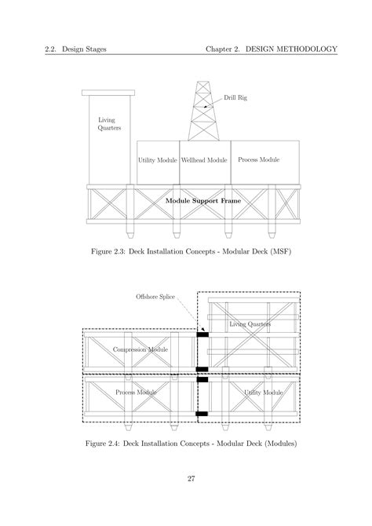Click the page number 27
pyautogui.click(x=191, y=479)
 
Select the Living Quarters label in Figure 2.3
pyautogui.click(x=109, y=124)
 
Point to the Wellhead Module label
pyautogui.click(x=204, y=160)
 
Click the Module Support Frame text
pyautogui.click(x=203, y=201)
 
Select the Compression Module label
pyautogui.click(x=140, y=349)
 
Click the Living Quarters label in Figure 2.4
pyautogui.click(x=250, y=323)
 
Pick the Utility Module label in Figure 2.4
pyautogui.click(x=263, y=392)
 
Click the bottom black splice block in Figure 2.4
pyautogui.click(x=202, y=413)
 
